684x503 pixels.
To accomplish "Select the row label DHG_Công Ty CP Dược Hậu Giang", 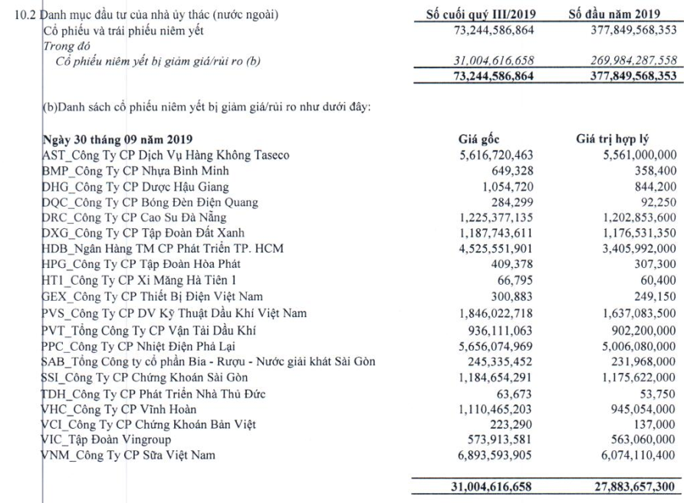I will [x=135, y=187].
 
